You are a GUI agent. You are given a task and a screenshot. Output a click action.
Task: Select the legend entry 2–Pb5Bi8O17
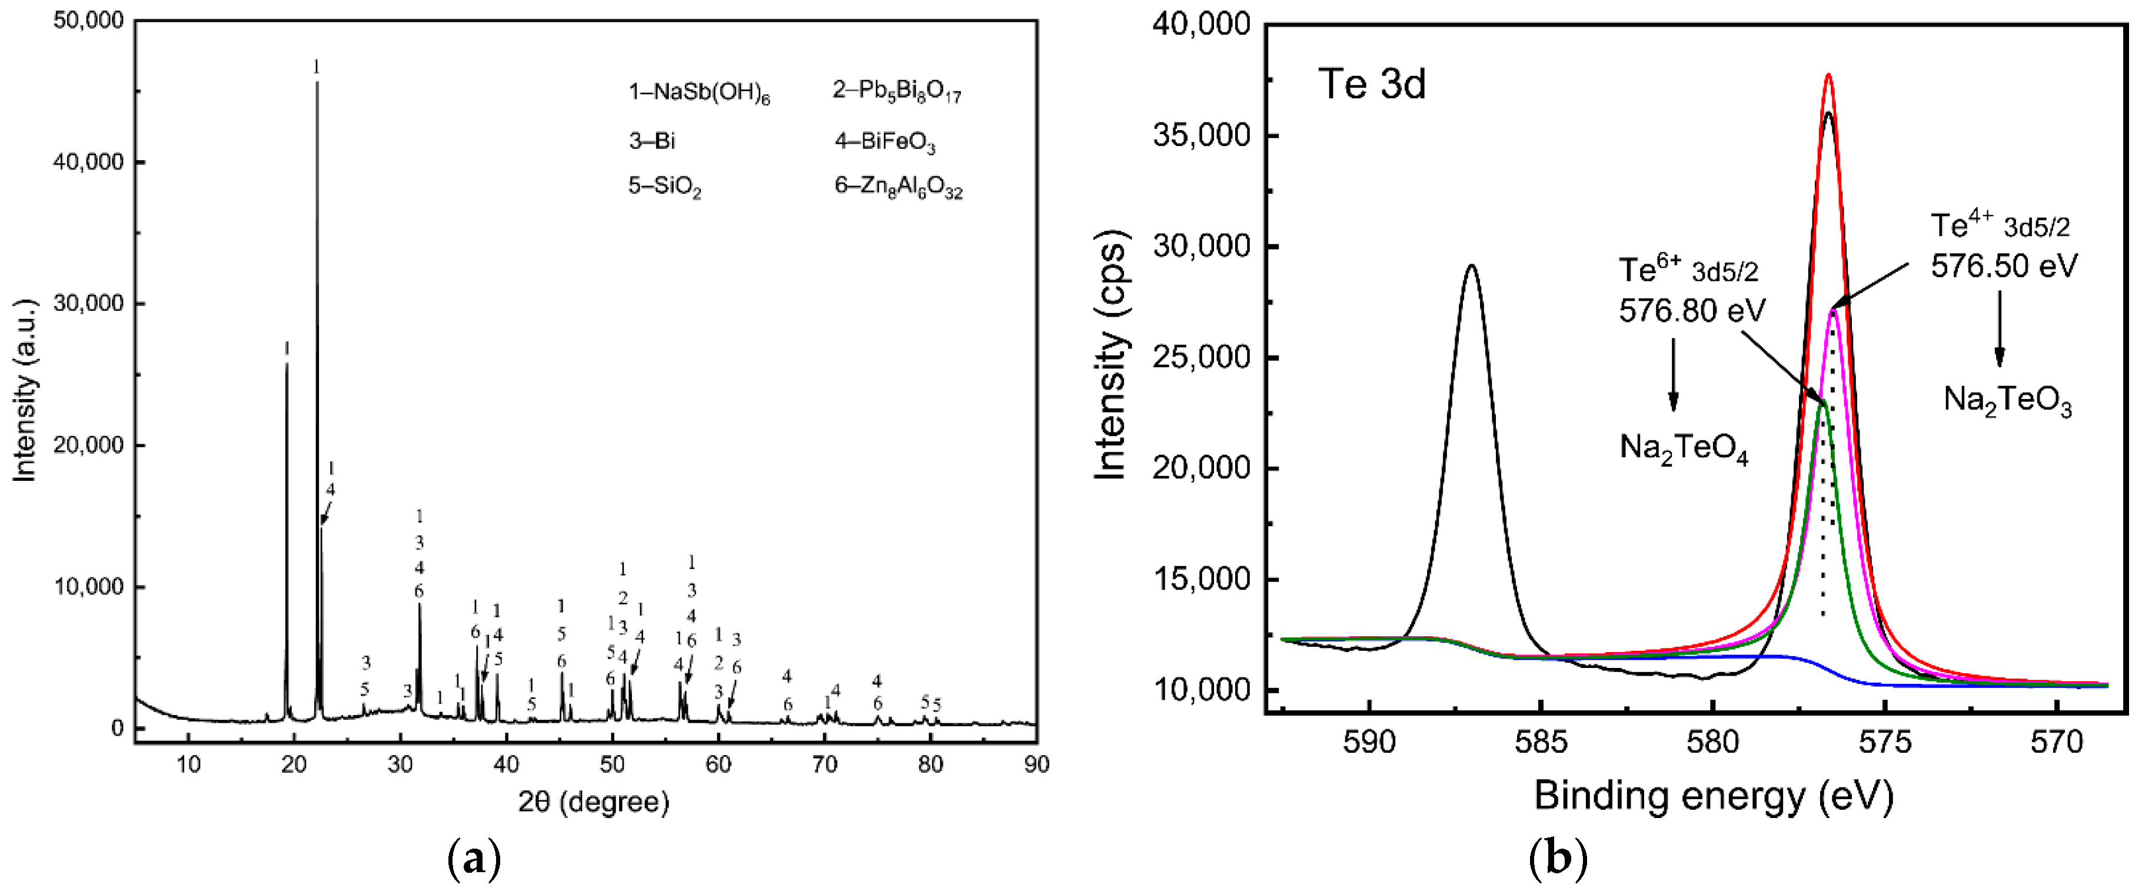[x=896, y=91]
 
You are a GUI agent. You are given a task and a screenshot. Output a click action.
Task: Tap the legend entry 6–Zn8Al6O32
[x=898, y=187]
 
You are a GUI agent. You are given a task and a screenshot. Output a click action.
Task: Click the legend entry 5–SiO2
[x=664, y=187]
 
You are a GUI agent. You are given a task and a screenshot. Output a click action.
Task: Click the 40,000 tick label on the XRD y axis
[x=88, y=161]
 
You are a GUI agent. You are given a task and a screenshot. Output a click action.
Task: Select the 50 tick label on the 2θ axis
[x=612, y=764]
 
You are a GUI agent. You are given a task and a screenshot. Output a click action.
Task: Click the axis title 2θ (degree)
[x=593, y=801]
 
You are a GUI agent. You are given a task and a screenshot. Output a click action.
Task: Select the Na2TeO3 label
[x=2007, y=401]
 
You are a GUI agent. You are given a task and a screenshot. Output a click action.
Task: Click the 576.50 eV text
[x=2003, y=266]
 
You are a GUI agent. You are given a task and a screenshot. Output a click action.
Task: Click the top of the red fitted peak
[x=1828, y=75]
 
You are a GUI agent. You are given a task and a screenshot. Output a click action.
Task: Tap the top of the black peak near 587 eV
[x=1472, y=266]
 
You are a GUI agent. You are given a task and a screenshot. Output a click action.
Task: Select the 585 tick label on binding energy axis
[x=1541, y=742]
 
